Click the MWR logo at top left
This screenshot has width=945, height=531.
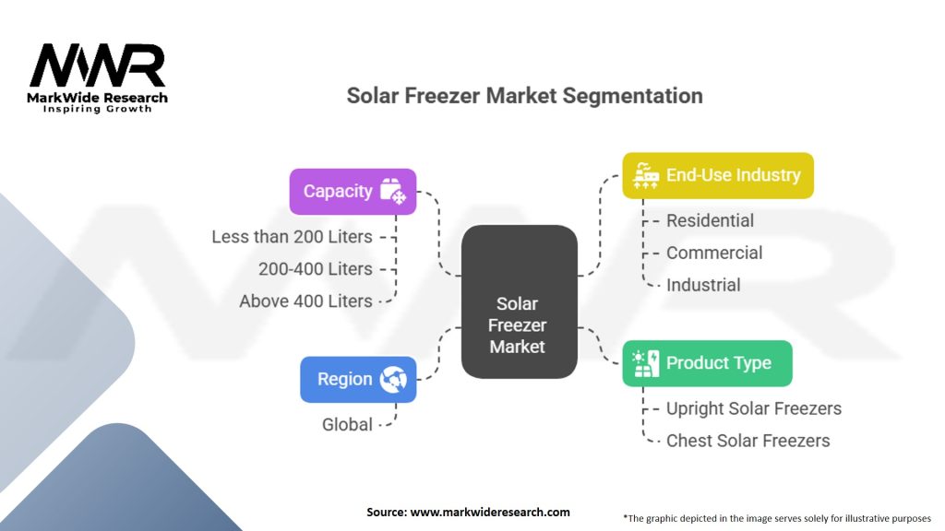click(98, 66)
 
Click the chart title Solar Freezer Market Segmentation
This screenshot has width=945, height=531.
click(524, 96)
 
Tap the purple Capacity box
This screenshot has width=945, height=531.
click(353, 192)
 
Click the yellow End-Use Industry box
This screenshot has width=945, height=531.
click(717, 175)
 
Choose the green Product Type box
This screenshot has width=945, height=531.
click(707, 363)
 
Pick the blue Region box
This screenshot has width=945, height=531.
click(357, 379)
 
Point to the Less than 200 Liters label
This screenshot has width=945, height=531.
click(292, 237)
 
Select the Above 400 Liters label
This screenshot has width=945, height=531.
click(305, 301)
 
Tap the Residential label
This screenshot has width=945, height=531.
click(710, 221)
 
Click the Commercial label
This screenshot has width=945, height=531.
click(714, 254)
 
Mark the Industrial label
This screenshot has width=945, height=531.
click(703, 286)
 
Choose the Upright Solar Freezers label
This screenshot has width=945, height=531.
click(753, 408)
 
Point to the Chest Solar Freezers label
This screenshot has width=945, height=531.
click(748, 441)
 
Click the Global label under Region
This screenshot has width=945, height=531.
click(347, 425)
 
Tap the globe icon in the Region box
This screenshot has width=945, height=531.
click(393, 379)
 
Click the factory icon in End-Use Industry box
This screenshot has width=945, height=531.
click(645, 175)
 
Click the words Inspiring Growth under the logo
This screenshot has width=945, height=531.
click(98, 110)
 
